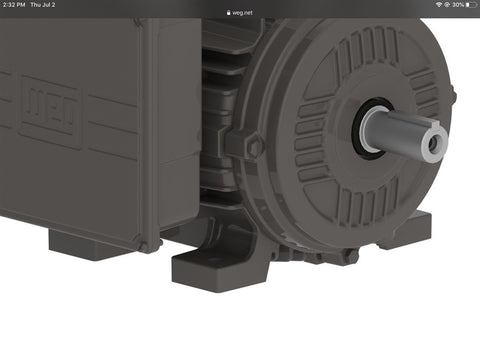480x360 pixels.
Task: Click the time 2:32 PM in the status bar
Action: coord(14,5)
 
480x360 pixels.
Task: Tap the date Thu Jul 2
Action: coord(43,5)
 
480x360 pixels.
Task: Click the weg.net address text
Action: coord(242,13)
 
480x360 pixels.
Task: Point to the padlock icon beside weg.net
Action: coord(228,13)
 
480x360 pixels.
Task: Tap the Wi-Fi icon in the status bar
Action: coord(439,5)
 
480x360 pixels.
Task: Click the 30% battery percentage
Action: coord(458,5)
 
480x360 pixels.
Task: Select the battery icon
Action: coord(472,5)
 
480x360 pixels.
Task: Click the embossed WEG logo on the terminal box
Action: coord(51,112)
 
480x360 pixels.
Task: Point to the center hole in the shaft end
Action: coord(433,144)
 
